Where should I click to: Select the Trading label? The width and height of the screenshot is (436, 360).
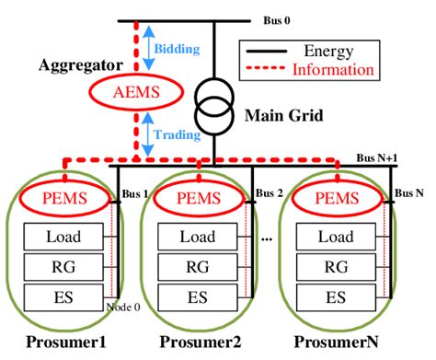tap(176, 134)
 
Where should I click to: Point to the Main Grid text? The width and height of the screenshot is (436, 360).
tap(275, 117)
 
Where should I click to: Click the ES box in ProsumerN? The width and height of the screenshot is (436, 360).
tap(334, 297)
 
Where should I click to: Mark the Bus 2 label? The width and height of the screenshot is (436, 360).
tap(270, 195)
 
